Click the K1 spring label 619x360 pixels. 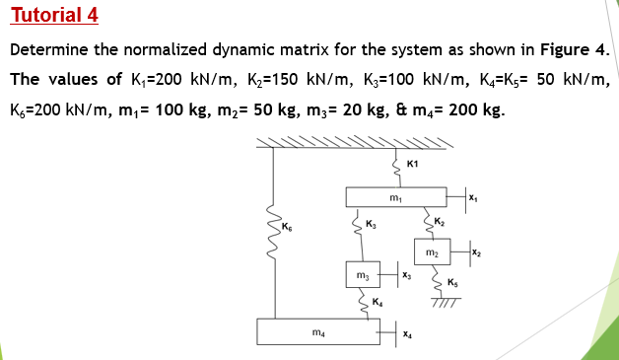pos(412,163)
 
